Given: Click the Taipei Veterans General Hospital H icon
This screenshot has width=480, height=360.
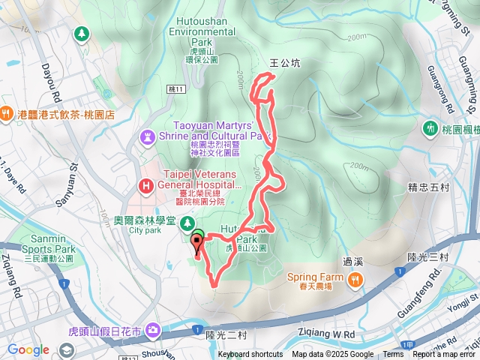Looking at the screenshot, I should pos(145,184).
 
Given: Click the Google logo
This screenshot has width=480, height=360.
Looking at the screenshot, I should pos(28,349).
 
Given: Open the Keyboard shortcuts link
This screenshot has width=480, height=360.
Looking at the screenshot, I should pos(250,355).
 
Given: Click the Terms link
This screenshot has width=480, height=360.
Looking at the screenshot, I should pos(393,355).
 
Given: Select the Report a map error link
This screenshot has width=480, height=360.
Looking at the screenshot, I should pos(445,355).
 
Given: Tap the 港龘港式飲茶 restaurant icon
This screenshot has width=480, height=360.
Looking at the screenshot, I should pos(7,114).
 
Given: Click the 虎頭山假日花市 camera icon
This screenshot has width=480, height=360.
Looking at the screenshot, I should pos(154,330).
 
